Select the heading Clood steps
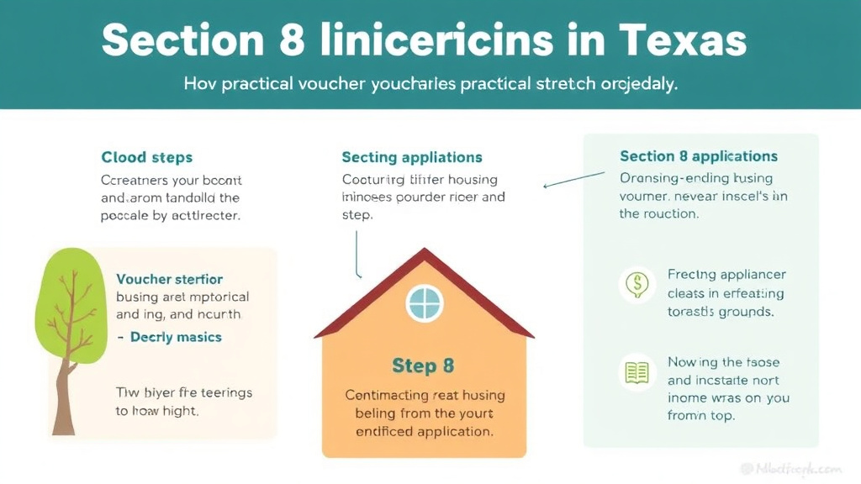[x=147, y=157]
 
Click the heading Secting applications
[x=412, y=157]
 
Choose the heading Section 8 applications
[x=699, y=156]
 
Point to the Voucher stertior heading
[x=170, y=279]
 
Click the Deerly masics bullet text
[x=176, y=337]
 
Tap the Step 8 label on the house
[x=423, y=366]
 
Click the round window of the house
[x=425, y=302]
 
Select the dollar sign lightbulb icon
[x=637, y=285]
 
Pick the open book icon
[x=637, y=372]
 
